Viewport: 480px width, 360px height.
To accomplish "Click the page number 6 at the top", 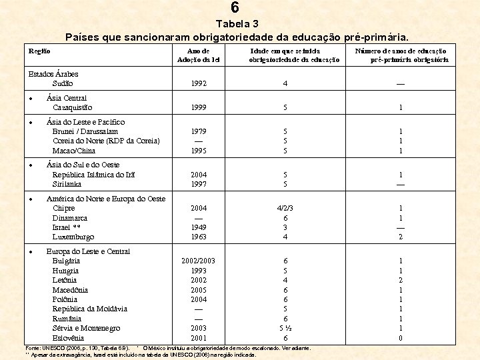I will [x=235, y=8].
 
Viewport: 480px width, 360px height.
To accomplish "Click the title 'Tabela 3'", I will [x=238, y=23].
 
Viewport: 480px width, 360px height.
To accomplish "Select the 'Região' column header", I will [x=39, y=51].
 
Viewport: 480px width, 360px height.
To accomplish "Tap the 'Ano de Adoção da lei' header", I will [x=198, y=55].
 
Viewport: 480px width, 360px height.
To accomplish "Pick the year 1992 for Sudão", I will [x=198, y=84].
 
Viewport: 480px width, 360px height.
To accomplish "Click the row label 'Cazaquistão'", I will [x=72, y=107].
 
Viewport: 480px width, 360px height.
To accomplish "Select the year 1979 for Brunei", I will [x=198, y=131].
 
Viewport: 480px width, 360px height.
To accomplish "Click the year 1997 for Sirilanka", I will [x=198, y=184].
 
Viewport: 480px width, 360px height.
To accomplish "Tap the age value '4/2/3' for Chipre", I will [x=285, y=208].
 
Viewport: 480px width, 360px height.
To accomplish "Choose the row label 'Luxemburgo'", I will [x=73, y=237].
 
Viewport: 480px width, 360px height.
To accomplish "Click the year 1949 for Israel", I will [x=198, y=227].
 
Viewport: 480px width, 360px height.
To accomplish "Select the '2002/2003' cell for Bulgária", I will [x=198, y=261].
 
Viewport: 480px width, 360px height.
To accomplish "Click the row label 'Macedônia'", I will [x=70, y=290].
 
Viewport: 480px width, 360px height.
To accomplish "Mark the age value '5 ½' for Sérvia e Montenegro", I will [x=285, y=329].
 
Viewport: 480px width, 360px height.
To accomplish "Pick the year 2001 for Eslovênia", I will [x=198, y=338].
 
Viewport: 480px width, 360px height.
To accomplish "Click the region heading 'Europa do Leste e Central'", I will [x=88, y=251].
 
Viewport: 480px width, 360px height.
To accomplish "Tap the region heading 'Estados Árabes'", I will [x=53, y=74].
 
